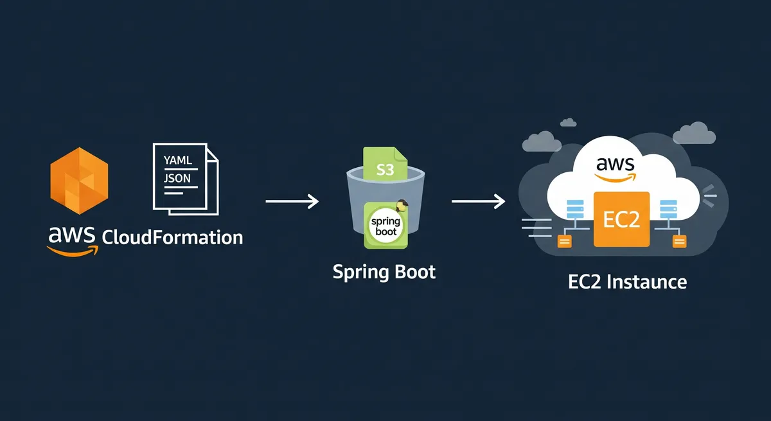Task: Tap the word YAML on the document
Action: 178,161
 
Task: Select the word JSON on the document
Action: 177,178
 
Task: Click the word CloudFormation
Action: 173,237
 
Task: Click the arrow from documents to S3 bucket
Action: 292,202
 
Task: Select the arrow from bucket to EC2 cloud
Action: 478,202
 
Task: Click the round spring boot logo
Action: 385,226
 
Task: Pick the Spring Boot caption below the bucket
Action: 384,271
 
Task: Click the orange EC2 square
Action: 621,219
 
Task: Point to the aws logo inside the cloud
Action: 615,166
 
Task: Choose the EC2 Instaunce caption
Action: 628,282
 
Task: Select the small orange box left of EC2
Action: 565,242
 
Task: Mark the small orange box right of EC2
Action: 678,241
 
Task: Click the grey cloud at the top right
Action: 695,134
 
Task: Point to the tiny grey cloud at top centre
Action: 568,122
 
